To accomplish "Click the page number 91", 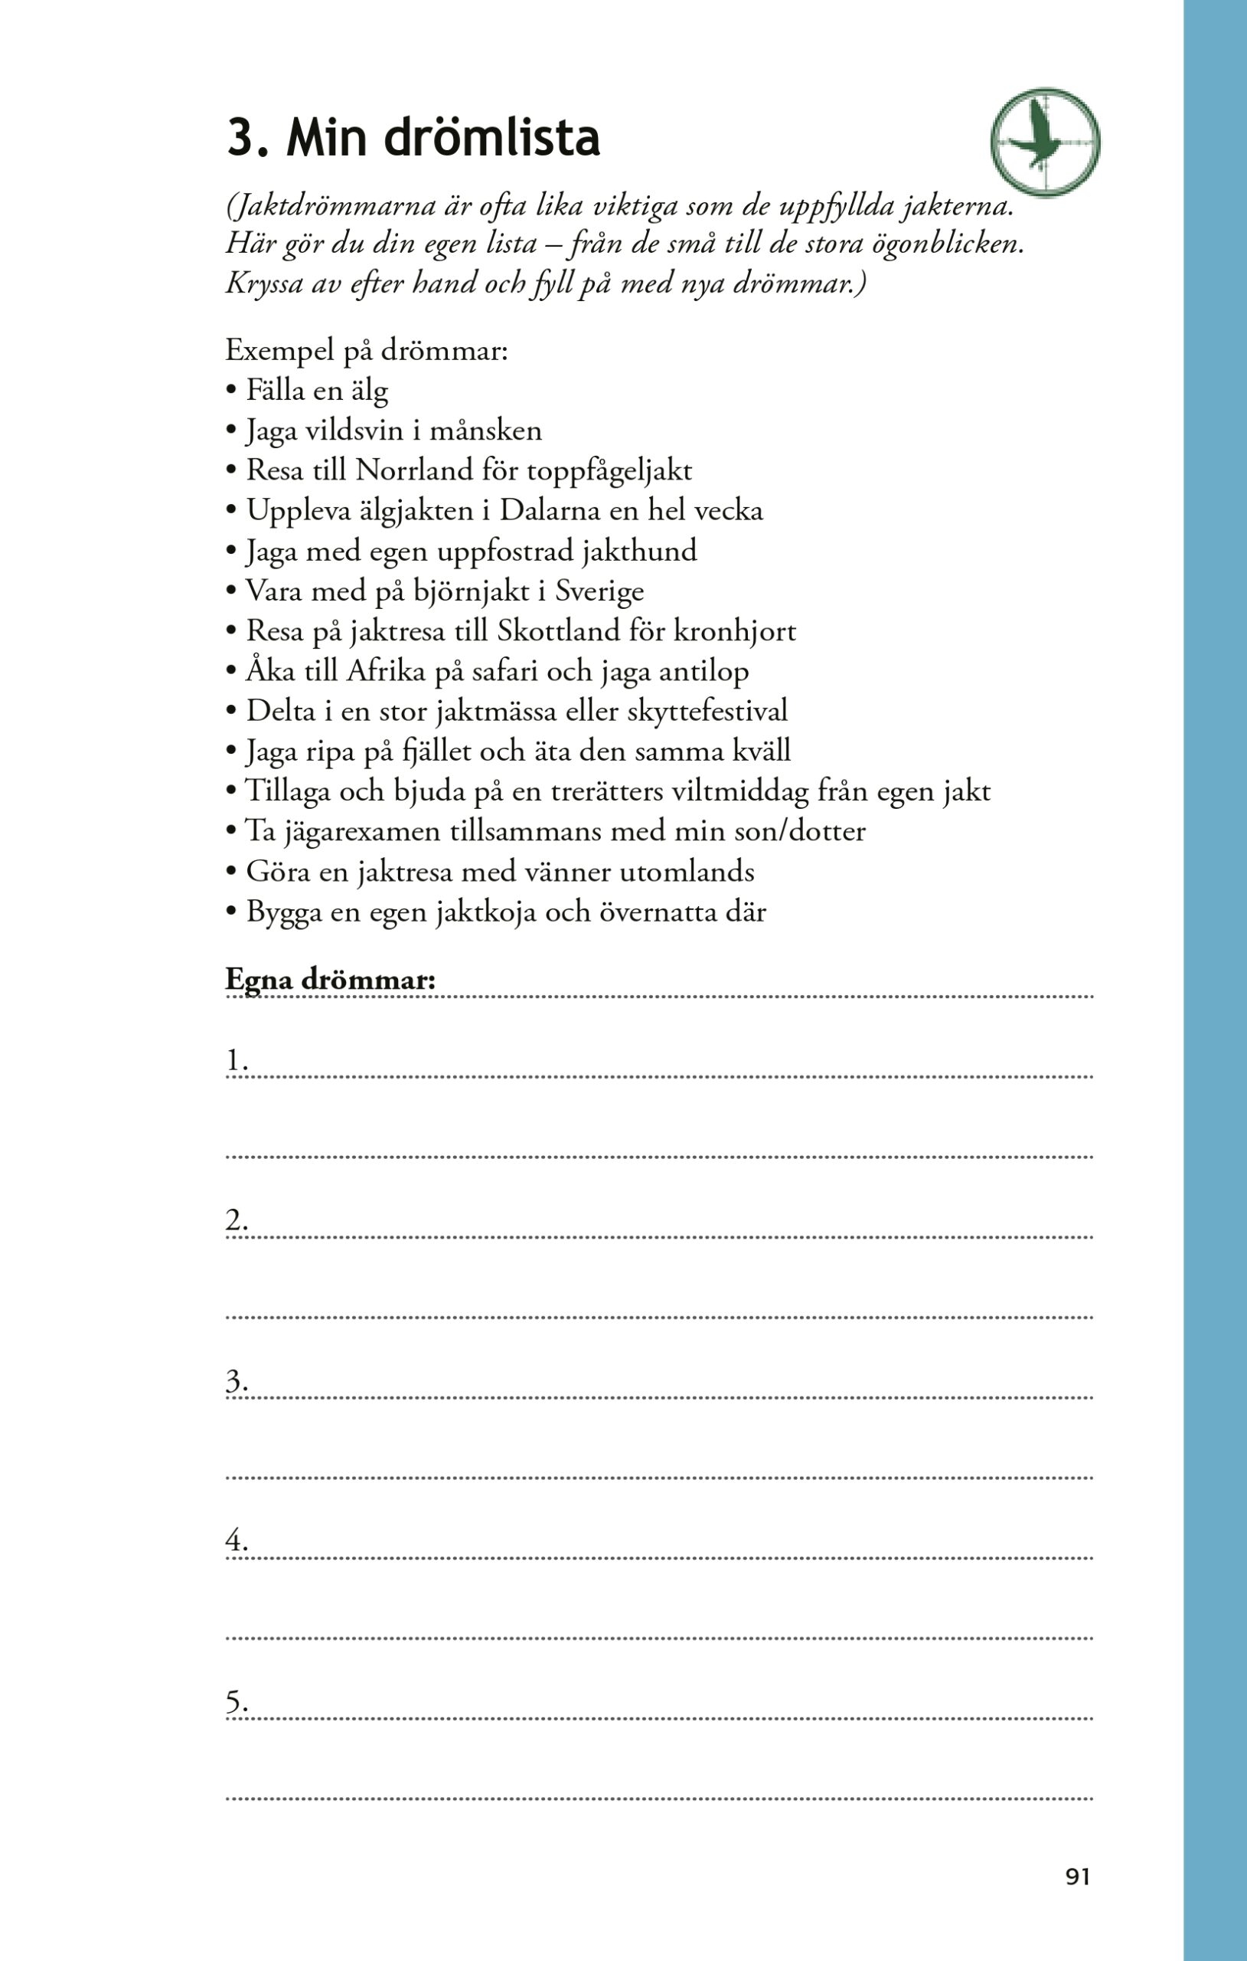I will pyautogui.click(x=1077, y=1876).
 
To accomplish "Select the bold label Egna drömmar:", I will pyautogui.click(x=331, y=980).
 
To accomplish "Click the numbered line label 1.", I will pyautogui.click(x=236, y=1062).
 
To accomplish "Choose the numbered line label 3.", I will pyautogui.click(x=236, y=1382).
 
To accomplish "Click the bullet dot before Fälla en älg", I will pyautogui.click(x=231, y=391).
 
